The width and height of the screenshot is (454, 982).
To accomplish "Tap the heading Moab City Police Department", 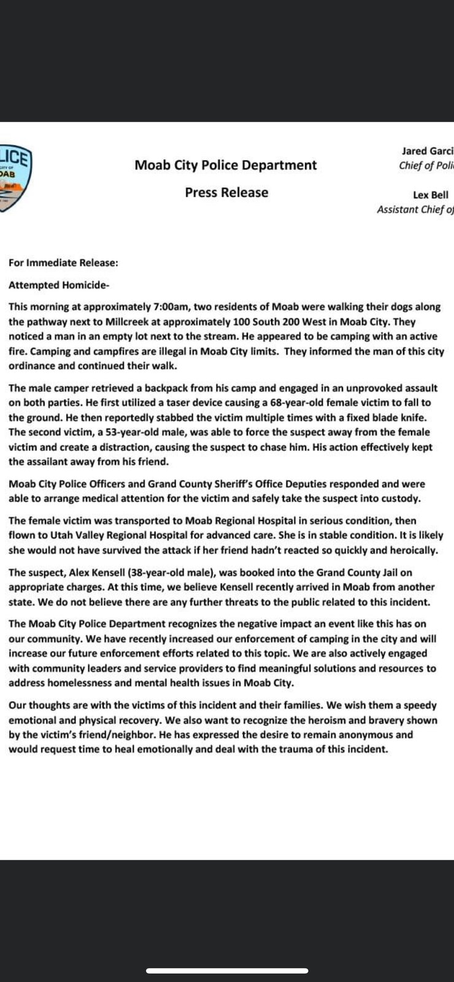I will click(226, 165).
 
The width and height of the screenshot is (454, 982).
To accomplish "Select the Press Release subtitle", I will click(226, 193).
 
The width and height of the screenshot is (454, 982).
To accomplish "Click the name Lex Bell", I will click(431, 195).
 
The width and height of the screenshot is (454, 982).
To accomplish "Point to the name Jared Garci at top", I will click(428, 151).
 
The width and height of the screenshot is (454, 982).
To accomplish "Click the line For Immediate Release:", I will click(63, 263).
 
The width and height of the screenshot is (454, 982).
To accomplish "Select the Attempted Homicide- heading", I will click(59, 285).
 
